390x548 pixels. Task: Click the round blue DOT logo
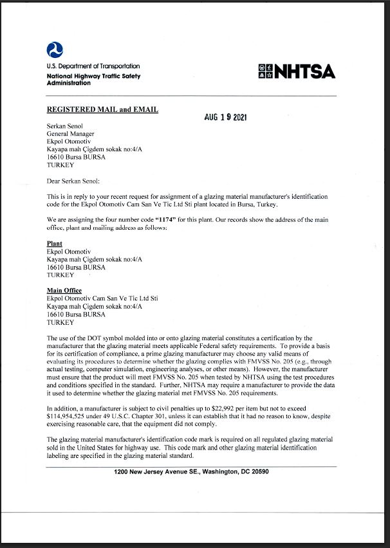point(55,50)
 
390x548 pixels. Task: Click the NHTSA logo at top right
point(296,71)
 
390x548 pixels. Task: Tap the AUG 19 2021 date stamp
point(225,118)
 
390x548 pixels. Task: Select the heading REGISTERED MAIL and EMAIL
point(102,109)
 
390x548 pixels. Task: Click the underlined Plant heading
point(55,244)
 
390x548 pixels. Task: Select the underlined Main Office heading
point(64,291)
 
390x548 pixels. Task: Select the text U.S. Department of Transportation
point(93,66)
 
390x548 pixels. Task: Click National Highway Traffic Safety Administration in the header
point(93,79)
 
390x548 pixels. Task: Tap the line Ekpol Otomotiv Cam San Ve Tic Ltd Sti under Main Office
point(102,298)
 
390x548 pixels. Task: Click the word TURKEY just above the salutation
point(60,165)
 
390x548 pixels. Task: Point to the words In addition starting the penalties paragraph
point(62,408)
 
